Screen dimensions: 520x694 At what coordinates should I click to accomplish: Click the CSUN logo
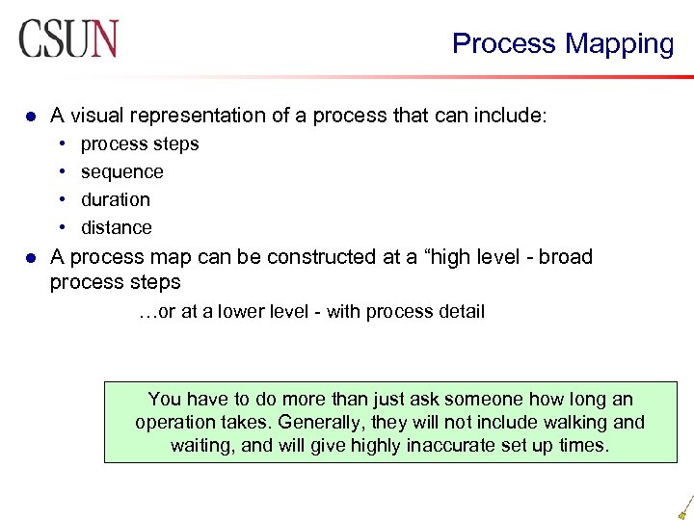point(67,39)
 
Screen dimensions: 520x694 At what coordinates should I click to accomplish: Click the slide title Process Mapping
point(563,43)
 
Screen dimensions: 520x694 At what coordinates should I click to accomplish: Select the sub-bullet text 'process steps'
point(140,144)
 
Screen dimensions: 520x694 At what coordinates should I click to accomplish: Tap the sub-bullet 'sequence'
point(122,172)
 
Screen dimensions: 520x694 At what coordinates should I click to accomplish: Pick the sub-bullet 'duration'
point(116,200)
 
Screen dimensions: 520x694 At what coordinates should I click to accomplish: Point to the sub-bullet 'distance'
point(117,228)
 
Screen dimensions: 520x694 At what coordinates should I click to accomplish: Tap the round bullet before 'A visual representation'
point(30,117)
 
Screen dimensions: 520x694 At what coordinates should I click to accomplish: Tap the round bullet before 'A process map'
point(30,258)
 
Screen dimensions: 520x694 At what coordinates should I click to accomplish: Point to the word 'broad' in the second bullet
point(566,257)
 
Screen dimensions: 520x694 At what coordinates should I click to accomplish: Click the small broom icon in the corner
point(684,507)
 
